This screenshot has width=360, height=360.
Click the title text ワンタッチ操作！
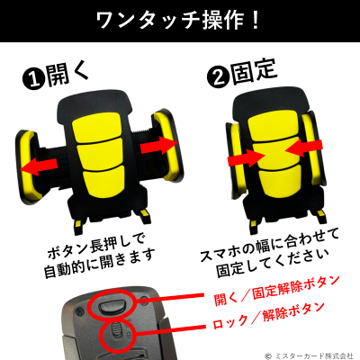click(178, 21)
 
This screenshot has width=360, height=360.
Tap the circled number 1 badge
click(34, 79)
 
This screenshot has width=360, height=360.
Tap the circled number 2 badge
click(219, 76)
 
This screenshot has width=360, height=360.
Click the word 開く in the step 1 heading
click(67, 74)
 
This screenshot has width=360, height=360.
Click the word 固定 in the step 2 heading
click(254, 71)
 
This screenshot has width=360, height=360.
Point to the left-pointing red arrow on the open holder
click(39, 166)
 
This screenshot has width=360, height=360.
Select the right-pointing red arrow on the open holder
click(159, 145)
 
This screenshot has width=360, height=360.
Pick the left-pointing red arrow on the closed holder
click(303, 148)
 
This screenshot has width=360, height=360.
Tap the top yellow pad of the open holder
click(97, 128)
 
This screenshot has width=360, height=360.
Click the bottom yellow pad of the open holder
click(103, 181)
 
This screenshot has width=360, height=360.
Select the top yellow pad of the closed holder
click(273, 127)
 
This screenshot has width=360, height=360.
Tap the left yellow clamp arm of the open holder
click(29, 166)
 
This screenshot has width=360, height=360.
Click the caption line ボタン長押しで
click(96, 247)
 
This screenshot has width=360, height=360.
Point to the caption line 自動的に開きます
click(100, 263)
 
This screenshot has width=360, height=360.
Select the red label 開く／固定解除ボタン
click(276, 291)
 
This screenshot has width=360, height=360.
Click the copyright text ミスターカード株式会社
click(313, 355)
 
